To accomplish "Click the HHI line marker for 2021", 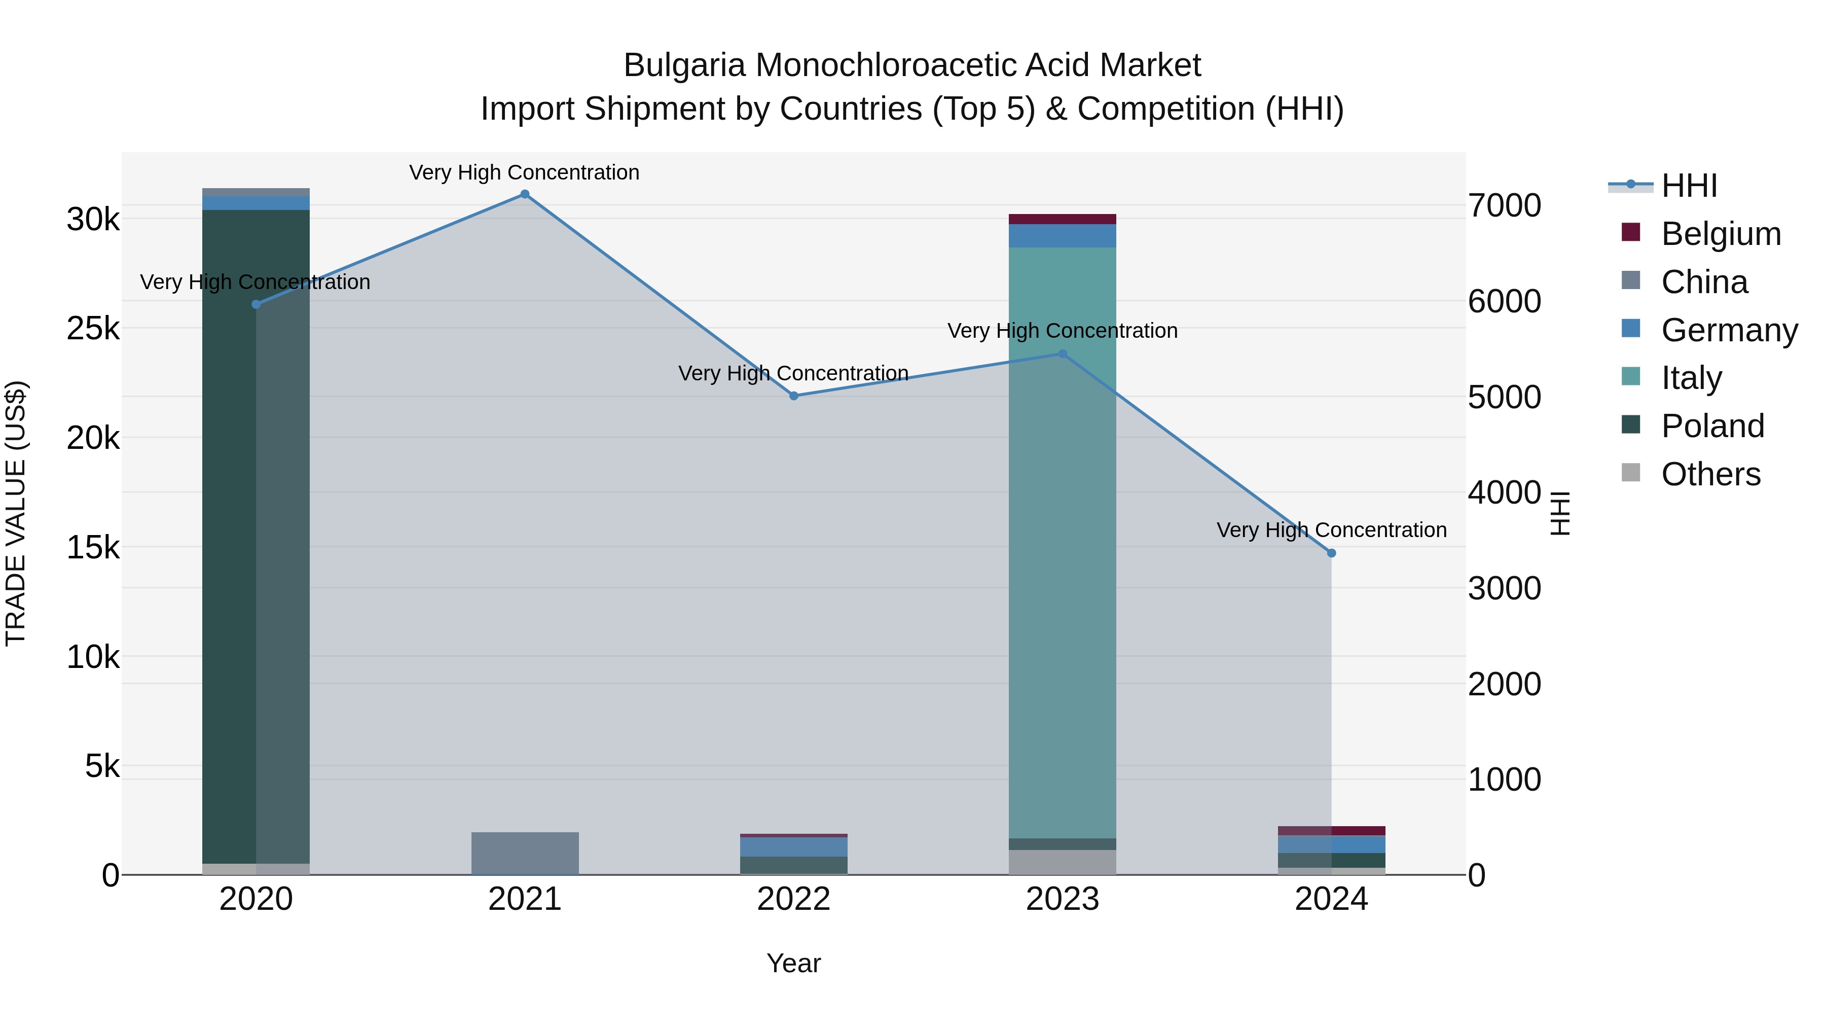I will point(525,194).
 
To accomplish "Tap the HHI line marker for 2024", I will point(1331,553).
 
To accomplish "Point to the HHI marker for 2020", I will point(257,304).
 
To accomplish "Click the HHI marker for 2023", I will point(1062,353).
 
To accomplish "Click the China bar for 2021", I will point(525,854).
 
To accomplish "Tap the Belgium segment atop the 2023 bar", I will point(1062,219).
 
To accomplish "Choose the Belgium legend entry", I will point(1720,234).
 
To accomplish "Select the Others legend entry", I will point(1710,474).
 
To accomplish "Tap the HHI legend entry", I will point(1689,186).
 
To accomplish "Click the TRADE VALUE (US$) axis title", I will point(16,513).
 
